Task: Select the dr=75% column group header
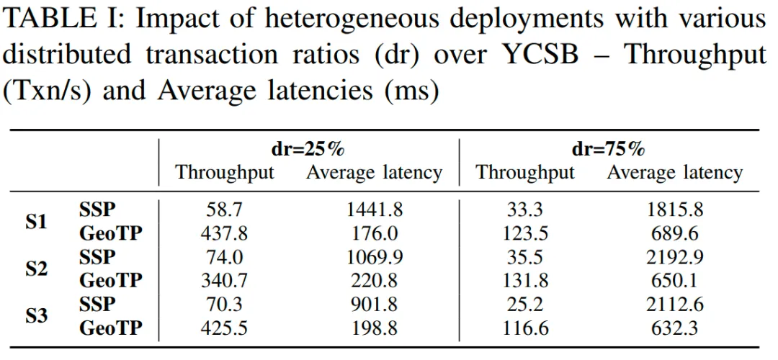point(607,150)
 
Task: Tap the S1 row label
point(36,222)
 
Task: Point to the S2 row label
point(36,269)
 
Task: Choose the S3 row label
point(36,315)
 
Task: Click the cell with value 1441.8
point(373,210)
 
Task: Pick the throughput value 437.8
point(225,234)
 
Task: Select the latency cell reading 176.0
point(373,234)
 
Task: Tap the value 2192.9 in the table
point(674,257)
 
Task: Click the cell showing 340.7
point(225,280)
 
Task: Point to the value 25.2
point(525,304)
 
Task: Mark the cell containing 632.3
point(674,328)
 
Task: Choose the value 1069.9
point(373,257)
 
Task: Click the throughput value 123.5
point(525,234)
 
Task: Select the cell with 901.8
point(373,304)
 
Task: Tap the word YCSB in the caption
point(538,55)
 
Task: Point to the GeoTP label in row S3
point(110,328)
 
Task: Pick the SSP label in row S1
point(97,210)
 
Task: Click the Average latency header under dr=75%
point(674,173)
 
